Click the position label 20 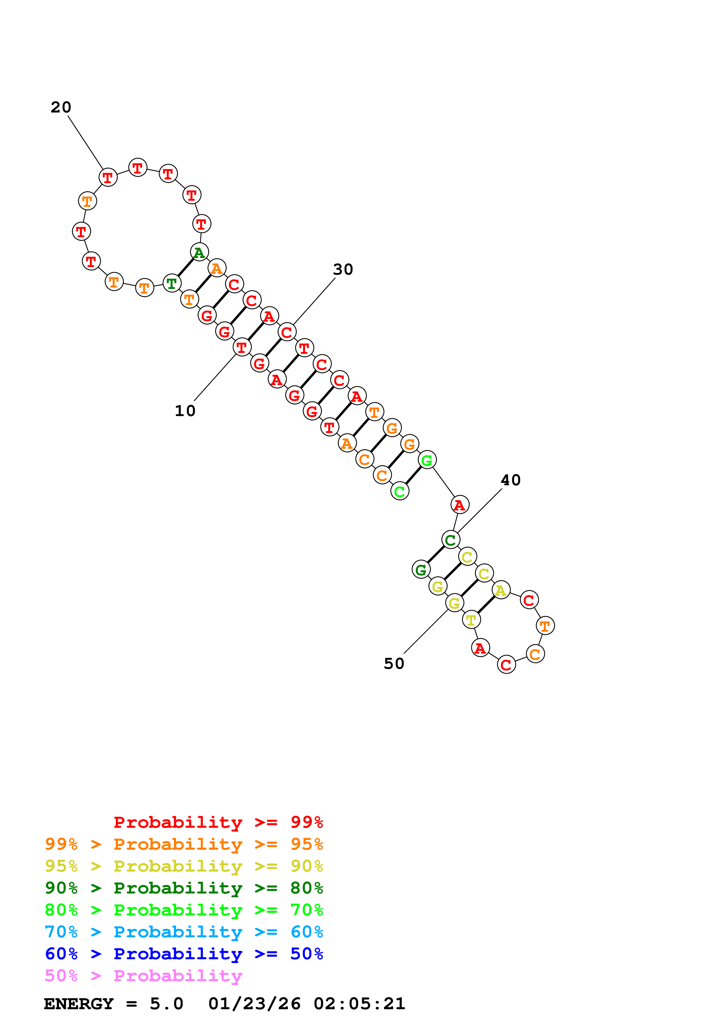pyautogui.click(x=61, y=107)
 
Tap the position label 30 pyautogui.click(x=343, y=269)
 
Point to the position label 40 pyautogui.click(x=511, y=480)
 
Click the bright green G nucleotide pyautogui.click(x=427, y=460)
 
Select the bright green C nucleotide pyautogui.click(x=400, y=491)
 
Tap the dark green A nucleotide pyautogui.click(x=199, y=252)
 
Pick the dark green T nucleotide pyautogui.click(x=172, y=283)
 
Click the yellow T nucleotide pyautogui.click(x=471, y=620)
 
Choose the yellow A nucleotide pyautogui.click(x=501, y=590)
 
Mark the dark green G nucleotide pyautogui.click(x=421, y=570)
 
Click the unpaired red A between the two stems pyautogui.click(x=460, y=505)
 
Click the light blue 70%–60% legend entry pyautogui.click(x=184, y=932)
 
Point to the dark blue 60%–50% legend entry pyautogui.click(x=184, y=954)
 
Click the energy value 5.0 pyautogui.click(x=166, y=1004)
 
